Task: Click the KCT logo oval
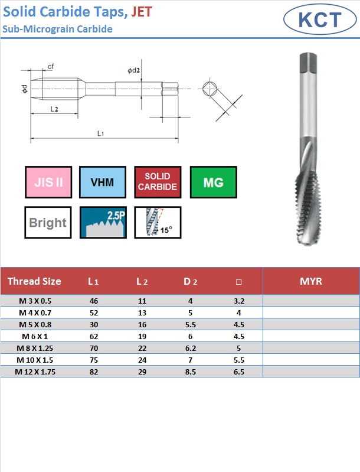[x=320, y=19]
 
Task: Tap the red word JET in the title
[x=142, y=12]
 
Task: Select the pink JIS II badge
[x=48, y=182]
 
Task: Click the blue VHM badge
[x=103, y=182]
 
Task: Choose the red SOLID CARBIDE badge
[x=158, y=182]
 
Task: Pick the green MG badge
[x=214, y=182]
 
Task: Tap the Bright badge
[x=48, y=223]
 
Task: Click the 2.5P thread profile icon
[x=103, y=223]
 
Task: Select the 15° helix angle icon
[x=158, y=223]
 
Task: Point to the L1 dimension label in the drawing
[x=100, y=133]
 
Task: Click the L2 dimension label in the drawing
[x=54, y=109]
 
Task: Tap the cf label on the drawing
[x=51, y=66]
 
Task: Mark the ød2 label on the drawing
[x=133, y=70]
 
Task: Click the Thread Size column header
[x=34, y=281]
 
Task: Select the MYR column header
[x=311, y=281]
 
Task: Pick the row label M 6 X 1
[x=35, y=336]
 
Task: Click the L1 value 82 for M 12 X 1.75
[x=94, y=372]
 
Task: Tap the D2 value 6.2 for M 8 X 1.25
[x=191, y=349]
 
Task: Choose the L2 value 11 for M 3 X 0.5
[x=142, y=301]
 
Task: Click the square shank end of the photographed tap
[x=308, y=63]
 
